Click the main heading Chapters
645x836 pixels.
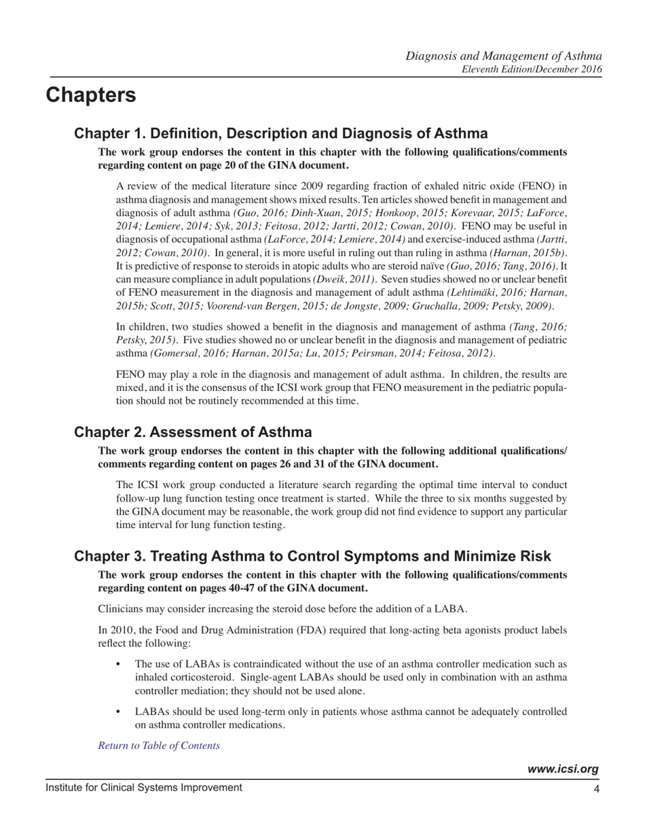(91, 96)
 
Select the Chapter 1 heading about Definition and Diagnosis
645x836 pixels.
(280, 133)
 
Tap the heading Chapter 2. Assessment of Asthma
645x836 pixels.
(193, 432)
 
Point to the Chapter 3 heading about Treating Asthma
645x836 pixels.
(312, 556)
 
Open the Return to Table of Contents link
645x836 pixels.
(159, 746)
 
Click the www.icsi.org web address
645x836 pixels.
(563, 769)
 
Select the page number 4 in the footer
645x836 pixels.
(595, 789)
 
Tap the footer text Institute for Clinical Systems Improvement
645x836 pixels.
(144, 788)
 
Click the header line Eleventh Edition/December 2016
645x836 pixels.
(532, 69)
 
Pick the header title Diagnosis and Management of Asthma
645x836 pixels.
(504, 55)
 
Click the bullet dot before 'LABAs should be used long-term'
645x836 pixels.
(119, 712)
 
